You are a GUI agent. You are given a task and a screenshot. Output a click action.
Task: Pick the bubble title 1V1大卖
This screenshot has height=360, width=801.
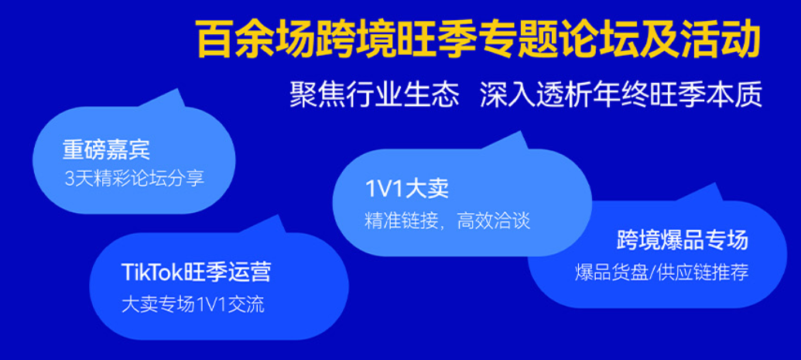coord(406,189)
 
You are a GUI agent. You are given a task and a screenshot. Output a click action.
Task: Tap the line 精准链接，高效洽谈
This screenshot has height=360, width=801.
coord(447,221)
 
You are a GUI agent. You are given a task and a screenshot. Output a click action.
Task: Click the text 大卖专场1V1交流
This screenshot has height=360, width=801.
coord(193,304)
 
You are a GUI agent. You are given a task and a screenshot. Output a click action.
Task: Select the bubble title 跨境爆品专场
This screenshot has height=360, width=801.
coord(683,240)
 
